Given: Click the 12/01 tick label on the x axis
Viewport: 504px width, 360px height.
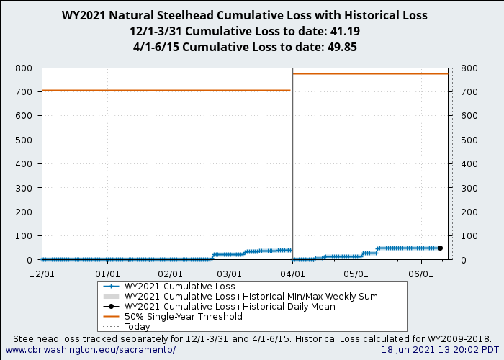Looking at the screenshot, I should point(42,274).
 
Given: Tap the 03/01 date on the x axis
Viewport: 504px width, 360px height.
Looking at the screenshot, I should point(230,274).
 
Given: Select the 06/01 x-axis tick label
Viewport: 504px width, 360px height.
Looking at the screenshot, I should point(420,274).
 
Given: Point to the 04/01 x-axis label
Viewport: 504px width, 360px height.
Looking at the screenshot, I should point(292,274).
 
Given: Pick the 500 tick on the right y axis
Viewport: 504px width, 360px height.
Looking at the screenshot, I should point(469,140).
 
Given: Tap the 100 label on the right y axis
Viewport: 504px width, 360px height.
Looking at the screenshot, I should point(469,236).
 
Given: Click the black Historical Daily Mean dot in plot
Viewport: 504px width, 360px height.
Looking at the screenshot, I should point(440,248).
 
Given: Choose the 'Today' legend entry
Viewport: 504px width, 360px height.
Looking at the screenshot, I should point(137,326).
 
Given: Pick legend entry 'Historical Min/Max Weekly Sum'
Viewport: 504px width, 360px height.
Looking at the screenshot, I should point(251,296).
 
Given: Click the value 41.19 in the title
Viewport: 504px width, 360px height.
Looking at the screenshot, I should point(344,32).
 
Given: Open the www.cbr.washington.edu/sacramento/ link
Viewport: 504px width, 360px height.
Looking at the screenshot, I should point(91,350).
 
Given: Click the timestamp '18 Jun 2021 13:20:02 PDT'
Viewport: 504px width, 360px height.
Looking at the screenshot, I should point(440,350).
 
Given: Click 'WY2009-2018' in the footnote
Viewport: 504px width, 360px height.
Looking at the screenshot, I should point(461,338).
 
